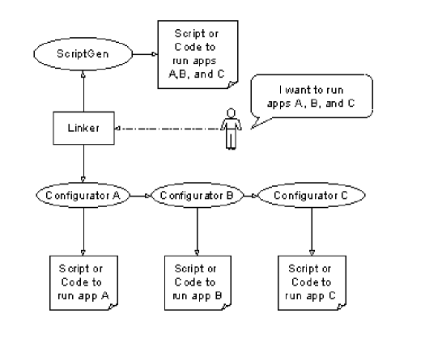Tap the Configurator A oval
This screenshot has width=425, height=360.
[x=84, y=195]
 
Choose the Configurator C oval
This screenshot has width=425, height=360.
[x=312, y=195]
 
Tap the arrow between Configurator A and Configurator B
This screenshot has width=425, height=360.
[x=138, y=195]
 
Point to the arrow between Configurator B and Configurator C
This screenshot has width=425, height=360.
[x=253, y=195]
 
